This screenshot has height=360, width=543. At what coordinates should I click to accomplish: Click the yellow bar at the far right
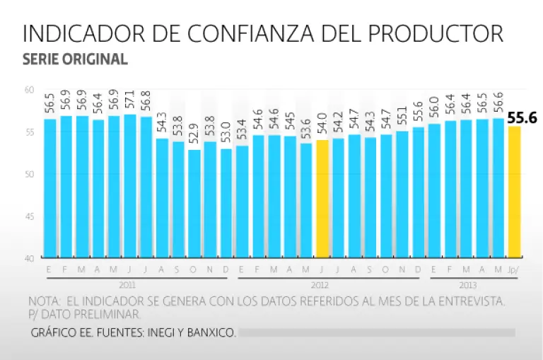click(514, 192)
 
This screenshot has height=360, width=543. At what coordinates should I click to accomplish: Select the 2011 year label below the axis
click(127, 284)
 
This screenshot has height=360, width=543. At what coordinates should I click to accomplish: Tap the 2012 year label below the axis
click(322, 284)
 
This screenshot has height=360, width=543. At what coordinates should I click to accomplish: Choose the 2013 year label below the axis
click(466, 284)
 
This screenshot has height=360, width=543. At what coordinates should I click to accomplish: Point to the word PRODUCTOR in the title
click(437, 34)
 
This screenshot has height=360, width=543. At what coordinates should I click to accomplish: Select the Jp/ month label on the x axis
click(514, 270)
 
